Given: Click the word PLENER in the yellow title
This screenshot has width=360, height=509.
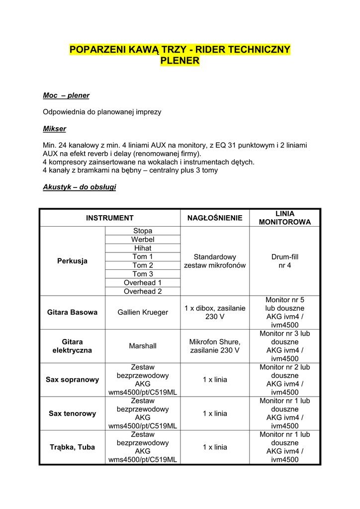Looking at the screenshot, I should (180, 61).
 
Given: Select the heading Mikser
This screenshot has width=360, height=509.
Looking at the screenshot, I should (55, 129).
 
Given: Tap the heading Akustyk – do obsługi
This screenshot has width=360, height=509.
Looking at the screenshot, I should (80, 187).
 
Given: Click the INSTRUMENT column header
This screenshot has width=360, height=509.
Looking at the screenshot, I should (110, 218).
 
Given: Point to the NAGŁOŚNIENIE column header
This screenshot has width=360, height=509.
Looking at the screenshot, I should (215, 218).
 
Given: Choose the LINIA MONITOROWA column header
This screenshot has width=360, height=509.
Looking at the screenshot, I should (285, 218).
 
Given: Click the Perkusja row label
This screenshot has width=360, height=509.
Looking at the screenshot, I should (73, 261).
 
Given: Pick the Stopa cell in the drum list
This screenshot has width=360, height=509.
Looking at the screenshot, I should (143, 231).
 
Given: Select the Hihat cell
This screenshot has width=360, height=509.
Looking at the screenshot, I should (143, 248).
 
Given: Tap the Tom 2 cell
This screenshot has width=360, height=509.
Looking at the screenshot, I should (143, 265).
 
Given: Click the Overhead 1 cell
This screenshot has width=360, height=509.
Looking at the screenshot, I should (143, 282).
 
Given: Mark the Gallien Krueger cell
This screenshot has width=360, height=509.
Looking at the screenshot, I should (143, 312).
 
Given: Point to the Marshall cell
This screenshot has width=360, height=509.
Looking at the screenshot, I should (143, 346).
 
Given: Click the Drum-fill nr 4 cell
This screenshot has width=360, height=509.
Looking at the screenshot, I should (285, 261).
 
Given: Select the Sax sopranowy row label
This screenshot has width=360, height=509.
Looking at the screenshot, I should (73, 380).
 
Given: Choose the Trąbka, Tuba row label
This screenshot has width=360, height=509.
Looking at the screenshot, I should (73, 447).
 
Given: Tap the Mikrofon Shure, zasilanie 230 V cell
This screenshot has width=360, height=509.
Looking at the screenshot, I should (215, 346).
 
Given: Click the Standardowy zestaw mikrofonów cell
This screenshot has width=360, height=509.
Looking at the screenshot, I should (215, 261).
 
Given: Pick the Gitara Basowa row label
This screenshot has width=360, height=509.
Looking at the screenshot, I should (73, 312).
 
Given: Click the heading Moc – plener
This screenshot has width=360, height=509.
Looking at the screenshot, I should (66, 95).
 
